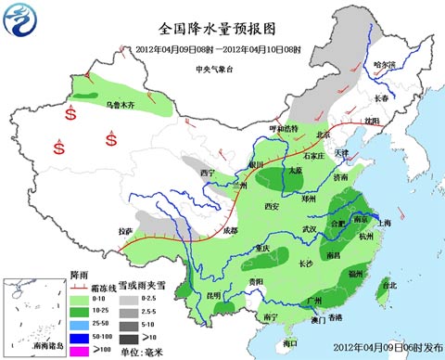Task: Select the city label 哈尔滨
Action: (x=383, y=65)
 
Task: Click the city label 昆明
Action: (x=214, y=295)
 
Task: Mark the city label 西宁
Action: (x=206, y=173)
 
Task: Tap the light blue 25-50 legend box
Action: (x=81, y=322)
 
